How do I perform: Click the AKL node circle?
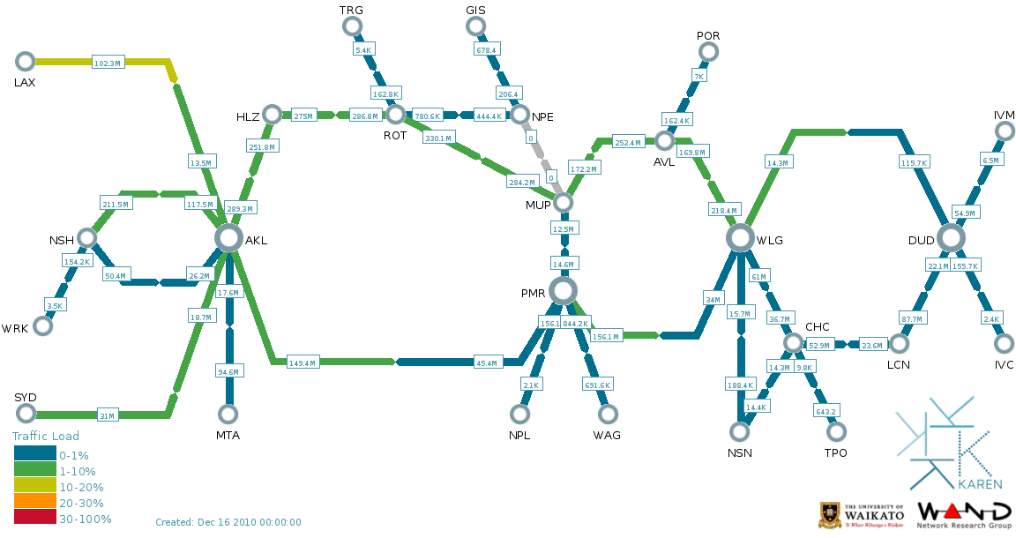point(228,237)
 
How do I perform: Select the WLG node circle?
point(740,237)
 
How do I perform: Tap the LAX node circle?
point(26,61)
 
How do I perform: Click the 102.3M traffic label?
point(108,63)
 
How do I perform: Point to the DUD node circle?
point(950,237)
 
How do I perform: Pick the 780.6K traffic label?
point(428,116)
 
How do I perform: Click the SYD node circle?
point(26,414)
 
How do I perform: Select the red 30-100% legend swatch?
point(34,519)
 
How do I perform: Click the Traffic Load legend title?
point(46,436)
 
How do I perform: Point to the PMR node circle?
point(562,290)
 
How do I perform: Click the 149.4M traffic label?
point(303,362)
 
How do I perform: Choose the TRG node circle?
point(352,26)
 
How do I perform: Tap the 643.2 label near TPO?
point(825,410)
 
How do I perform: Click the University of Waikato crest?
point(831,515)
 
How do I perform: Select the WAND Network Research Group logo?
point(965,515)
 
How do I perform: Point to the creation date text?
point(228,522)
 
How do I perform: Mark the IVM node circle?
point(1004,131)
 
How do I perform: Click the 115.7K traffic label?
point(914,162)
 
